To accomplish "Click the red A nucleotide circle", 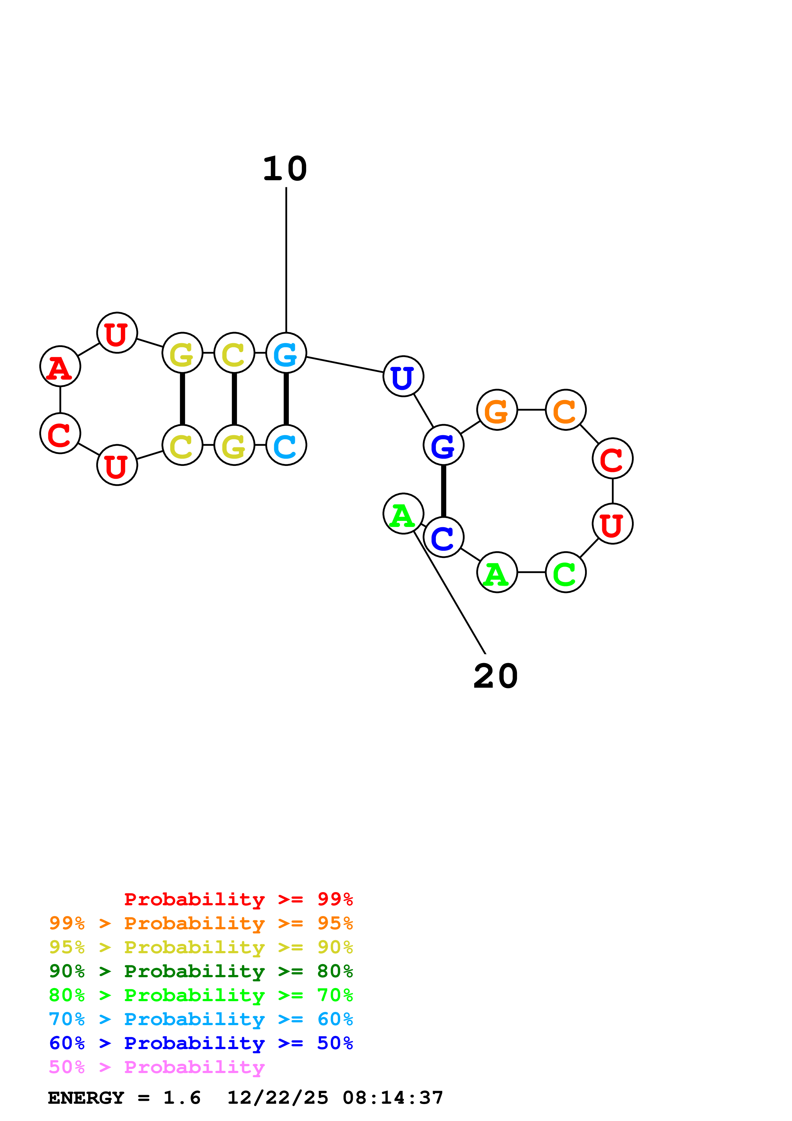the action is [x=60, y=366].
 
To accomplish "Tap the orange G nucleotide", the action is [x=497, y=410].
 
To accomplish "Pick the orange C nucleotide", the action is [x=565, y=410].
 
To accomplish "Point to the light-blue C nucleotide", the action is [x=286, y=445].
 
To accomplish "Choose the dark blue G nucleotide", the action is [x=443, y=445].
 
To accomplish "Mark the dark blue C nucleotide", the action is [x=443, y=537].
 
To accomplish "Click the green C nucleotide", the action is [x=565, y=572].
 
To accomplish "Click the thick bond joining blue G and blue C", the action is [x=443, y=491].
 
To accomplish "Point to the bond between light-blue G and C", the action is [x=286, y=398].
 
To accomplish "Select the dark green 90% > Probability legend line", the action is [x=201, y=971].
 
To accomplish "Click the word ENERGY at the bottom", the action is [x=86, y=1098].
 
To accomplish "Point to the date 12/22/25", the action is [x=278, y=1098].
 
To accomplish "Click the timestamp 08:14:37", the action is [x=393, y=1098].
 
